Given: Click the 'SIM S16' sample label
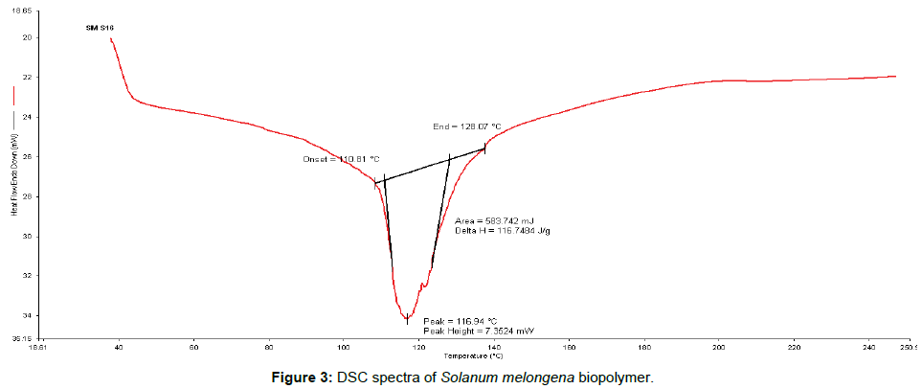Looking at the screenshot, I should pos(100,29).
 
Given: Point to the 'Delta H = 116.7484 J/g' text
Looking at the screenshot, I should pos(503,231).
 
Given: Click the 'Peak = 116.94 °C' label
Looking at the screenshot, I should pos(460,320).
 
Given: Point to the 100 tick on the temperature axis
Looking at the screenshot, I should pos(343,349).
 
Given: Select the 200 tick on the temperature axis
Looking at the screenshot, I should pos(718,349).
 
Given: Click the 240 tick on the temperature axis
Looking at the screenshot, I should pos(868,349).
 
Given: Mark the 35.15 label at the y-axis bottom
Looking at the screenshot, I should pos(21,338).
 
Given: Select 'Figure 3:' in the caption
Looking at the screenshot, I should pos(299,378).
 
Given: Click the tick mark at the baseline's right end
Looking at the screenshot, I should pos(485,149).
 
